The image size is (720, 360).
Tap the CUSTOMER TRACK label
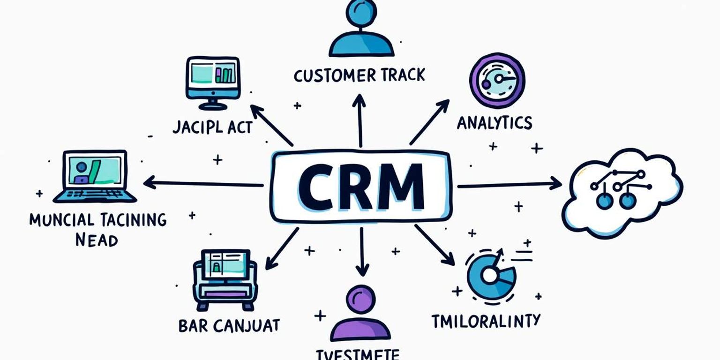359,75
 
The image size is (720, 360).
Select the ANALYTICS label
494,122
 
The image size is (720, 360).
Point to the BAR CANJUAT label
229,325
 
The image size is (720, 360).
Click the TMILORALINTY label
486,321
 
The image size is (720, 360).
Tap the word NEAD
96,240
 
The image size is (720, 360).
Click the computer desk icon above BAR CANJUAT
225,279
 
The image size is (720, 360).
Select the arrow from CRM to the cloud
509,185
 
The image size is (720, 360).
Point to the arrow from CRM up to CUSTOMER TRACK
360,120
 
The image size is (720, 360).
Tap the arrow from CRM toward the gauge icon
429,122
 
